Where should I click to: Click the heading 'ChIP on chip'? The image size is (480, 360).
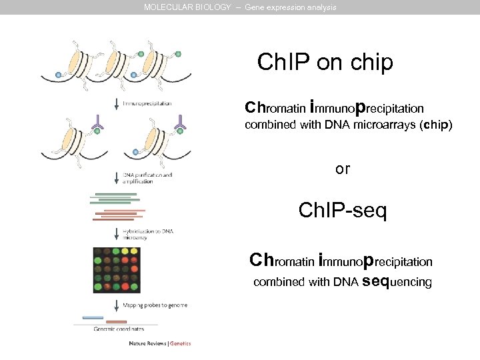point(325,63)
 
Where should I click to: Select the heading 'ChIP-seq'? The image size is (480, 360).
point(342,211)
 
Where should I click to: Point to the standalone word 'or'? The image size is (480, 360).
point(342,169)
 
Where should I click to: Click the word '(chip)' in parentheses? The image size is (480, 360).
point(435,125)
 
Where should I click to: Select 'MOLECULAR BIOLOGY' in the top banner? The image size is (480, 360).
point(188,7)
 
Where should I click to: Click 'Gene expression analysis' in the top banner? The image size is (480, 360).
point(291,7)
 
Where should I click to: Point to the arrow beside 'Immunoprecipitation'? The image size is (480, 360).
point(117,103)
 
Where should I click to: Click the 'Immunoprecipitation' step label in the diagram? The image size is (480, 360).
point(147,103)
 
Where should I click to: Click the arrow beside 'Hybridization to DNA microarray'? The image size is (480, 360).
point(117,233)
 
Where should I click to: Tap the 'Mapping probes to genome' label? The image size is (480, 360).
point(155,305)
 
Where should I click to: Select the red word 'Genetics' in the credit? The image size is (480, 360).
point(180,344)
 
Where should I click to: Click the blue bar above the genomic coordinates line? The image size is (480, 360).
point(93,317)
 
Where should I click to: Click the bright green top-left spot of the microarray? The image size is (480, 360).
point(98,253)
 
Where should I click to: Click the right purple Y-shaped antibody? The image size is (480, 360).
point(179,121)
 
